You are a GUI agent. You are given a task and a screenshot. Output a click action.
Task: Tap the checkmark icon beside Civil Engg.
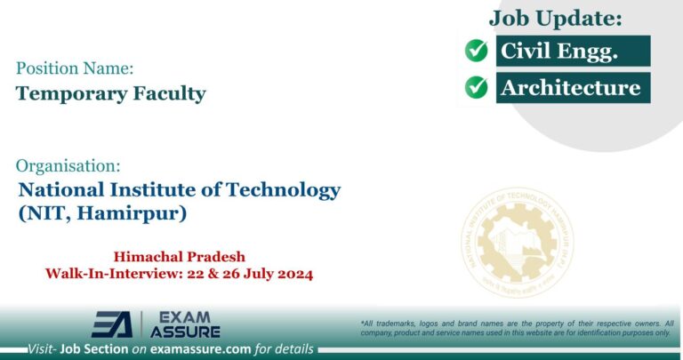point(477,52)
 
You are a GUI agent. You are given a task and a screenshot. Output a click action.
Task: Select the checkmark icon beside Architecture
point(477,87)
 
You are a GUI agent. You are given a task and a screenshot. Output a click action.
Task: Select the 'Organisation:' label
point(68,165)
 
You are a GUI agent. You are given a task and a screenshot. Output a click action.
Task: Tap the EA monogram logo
point(111,324)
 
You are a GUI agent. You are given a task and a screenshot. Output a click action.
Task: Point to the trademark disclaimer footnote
point(517,327)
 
